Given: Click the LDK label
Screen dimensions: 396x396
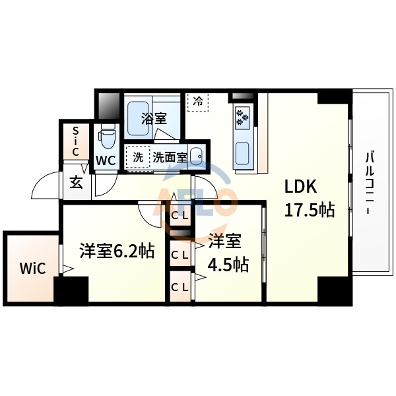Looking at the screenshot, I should pyautogui.click(x=301, y=187).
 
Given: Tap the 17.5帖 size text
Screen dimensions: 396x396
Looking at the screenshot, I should pyautogui.click(x=309, y=210).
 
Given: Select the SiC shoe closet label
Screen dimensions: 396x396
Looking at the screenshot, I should pyautogui.click(x=75, y=141).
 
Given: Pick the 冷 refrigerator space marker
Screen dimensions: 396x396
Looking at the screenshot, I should pyautogui.click(x=198, y=102).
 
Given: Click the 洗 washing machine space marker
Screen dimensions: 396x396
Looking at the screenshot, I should pyautogui.click(x=138, y=157).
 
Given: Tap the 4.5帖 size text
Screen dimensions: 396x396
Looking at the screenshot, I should pyautogui.click(x=228, y=265).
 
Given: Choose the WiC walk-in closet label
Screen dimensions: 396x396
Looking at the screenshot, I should pyautogui.click(x=32, y=269).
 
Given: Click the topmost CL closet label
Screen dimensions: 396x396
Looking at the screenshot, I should pyautogui.click(x=180, y=214).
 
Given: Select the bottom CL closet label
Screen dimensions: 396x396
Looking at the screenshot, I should pyautogui.click(x=179, y=287).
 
